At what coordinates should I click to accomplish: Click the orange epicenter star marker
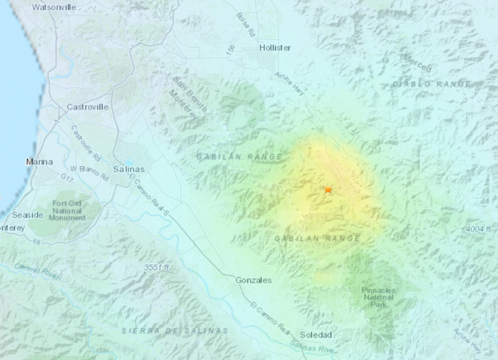(x=328, y=189)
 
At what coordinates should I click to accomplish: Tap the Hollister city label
(x=275, y=48)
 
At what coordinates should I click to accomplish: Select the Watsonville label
(x=54, y=7)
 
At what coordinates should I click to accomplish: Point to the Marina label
(x=38, y=161)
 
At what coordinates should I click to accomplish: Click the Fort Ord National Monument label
(x=67, y=210)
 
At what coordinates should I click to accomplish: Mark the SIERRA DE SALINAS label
(x=175, y=330)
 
